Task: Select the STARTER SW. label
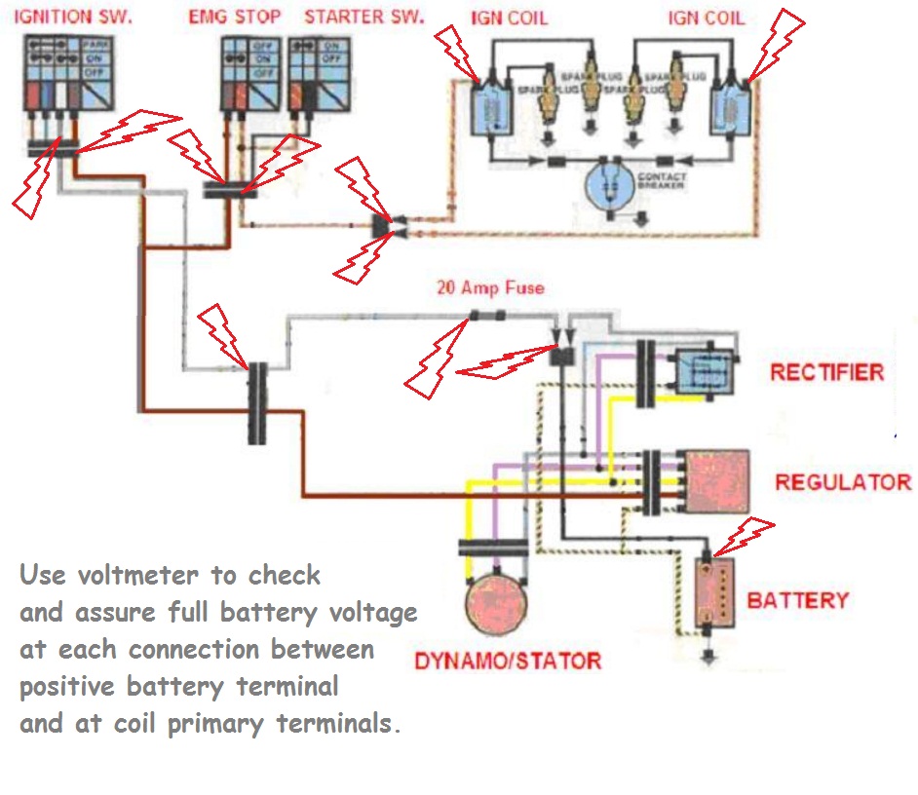click(364, 18)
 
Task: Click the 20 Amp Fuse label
click(489, 288)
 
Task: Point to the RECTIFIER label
click(826, 372)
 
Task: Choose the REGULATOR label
click(842, 482)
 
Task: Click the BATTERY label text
click(797, 600)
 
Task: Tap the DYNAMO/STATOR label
click(508, 661)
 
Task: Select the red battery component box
click(712, 592)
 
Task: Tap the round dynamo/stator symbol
click(494, 604)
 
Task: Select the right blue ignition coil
click(728, 107)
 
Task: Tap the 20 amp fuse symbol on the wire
click(486, 316)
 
